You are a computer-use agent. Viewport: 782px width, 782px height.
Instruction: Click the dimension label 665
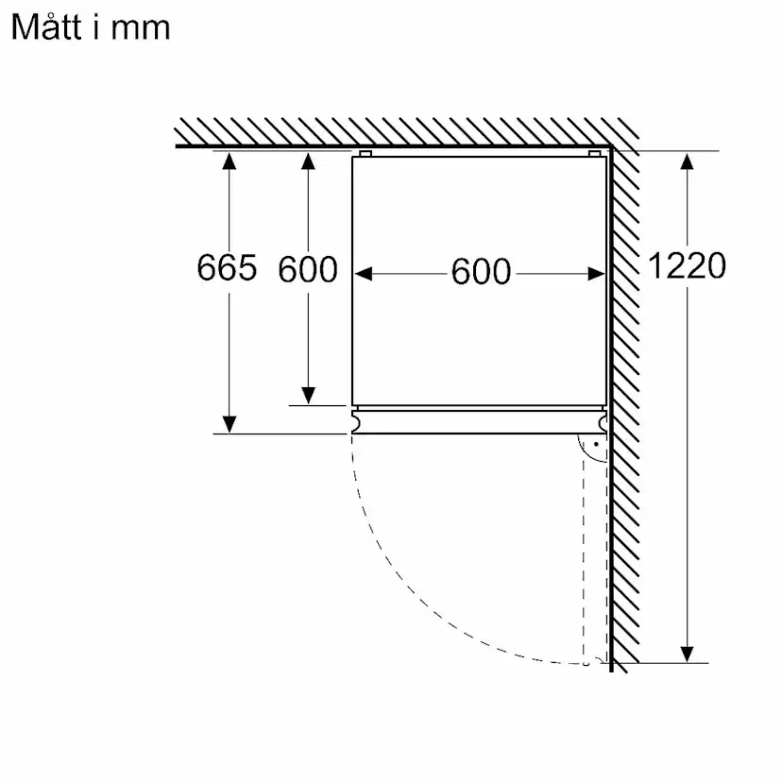227,268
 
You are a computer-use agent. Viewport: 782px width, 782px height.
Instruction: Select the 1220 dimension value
687,265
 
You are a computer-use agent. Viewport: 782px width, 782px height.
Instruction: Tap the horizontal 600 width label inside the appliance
481,272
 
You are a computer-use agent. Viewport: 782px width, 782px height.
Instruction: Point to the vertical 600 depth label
308,270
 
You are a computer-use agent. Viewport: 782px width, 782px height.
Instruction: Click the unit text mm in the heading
141,29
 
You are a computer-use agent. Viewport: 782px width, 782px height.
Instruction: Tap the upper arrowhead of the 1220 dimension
688,161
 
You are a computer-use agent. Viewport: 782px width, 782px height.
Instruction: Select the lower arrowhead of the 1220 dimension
688,654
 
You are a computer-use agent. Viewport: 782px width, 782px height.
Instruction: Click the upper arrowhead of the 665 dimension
229,161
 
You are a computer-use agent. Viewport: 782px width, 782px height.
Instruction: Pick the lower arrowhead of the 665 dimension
229,424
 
